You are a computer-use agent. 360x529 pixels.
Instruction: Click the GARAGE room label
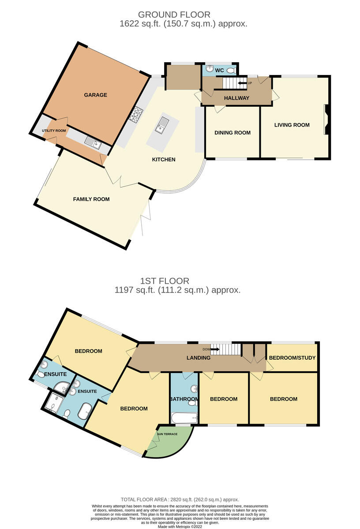click(x=95, y=95)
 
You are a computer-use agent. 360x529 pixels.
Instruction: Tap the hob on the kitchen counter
click(x=136, y=115)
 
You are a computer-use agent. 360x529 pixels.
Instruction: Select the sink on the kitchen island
click(x=162, y=125)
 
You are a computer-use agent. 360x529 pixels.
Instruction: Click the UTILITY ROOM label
click(x=54, y=130)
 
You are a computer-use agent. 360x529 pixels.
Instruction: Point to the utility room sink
click(x=94, y=143)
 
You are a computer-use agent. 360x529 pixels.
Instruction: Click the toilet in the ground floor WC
click(x=231, y=70)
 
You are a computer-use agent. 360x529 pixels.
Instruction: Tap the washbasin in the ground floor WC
click(x=210, y=69)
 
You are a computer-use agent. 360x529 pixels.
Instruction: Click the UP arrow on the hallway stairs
click(x=242, y=83)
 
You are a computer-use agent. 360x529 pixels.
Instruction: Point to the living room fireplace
click(x=326, y=120)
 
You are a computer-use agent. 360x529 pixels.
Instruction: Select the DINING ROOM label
click(x=232, y=133)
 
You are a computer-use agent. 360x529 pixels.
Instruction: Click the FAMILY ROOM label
click(x=91, y=199)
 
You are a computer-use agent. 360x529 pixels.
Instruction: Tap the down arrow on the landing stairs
click(x=215, y=349)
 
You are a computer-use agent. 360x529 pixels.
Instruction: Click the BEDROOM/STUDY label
click(x=292, y=358)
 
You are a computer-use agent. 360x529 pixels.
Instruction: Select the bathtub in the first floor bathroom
click(x=184, y=418)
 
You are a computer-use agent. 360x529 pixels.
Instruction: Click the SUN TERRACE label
click(x=167, y=434)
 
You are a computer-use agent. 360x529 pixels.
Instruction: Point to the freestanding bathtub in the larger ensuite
click(x=85, y=411)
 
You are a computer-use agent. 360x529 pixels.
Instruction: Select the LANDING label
click(x=199, y=358)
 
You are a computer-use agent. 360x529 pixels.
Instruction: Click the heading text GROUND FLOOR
click(x=174, y=15)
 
